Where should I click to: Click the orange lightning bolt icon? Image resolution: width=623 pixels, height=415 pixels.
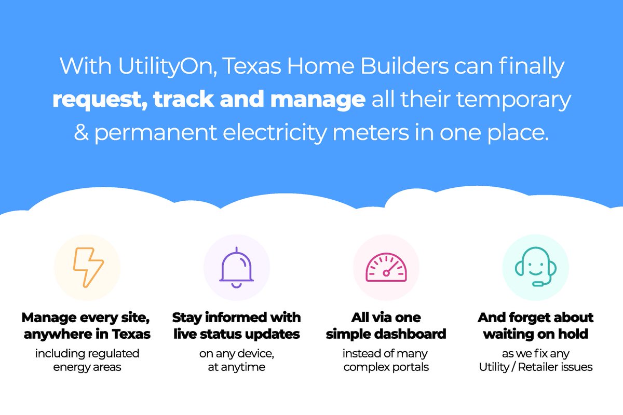88,268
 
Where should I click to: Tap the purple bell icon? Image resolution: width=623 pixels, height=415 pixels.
236,267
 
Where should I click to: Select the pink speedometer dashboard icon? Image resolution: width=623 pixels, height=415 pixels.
386,268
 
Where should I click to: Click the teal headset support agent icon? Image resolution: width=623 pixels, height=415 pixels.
535,268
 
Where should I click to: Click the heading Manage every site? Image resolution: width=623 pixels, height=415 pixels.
87,317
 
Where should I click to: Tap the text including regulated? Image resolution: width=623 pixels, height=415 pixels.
87,353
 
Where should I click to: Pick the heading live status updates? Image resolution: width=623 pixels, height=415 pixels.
236,334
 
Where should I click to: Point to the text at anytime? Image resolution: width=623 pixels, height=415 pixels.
236,367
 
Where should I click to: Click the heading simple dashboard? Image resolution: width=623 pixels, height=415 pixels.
386,334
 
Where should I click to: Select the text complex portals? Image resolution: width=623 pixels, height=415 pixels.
386,367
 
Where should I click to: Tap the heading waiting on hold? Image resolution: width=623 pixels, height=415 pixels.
535,334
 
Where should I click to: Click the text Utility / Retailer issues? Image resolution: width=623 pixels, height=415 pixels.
535,367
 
